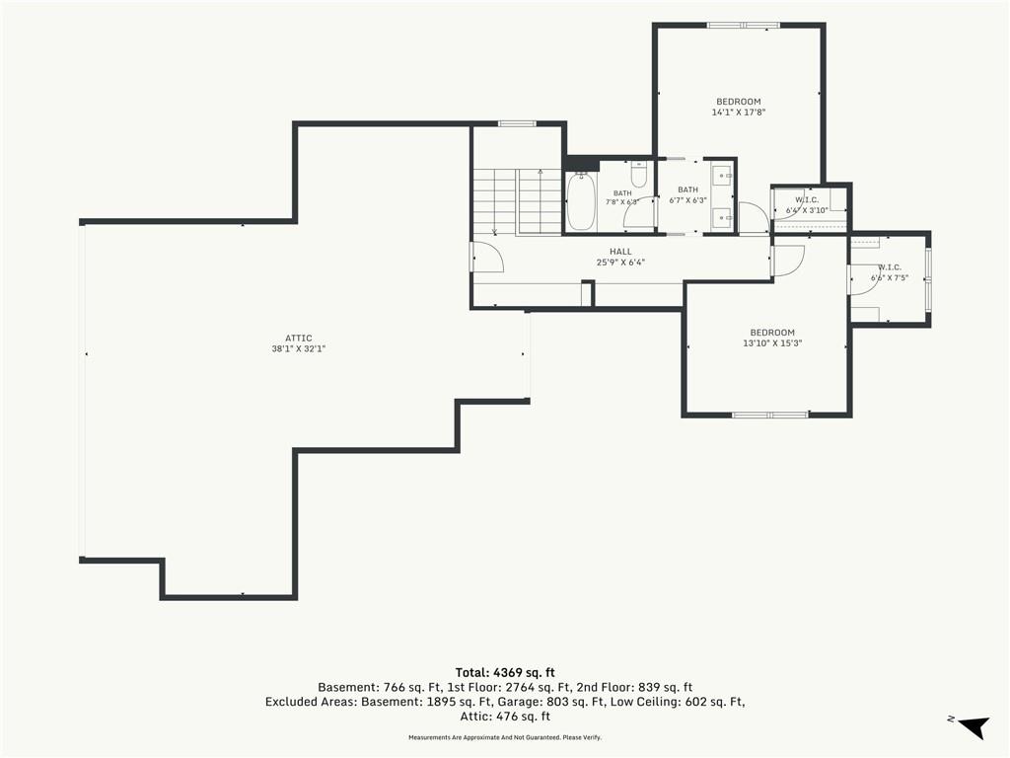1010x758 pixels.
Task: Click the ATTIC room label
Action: pos(299,338)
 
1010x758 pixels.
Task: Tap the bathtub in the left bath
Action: pos(580,200)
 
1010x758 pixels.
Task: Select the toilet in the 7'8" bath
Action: pos(638,174)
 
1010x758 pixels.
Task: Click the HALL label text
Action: pos(621,252)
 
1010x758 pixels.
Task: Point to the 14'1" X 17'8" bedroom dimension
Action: pos(738,113)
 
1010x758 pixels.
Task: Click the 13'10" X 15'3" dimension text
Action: pos(772,343)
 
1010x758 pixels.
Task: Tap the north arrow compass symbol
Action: pos(973,726)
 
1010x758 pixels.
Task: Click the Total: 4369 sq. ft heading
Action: pos(505,673)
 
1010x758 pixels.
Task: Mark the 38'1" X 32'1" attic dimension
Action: pos(299,348)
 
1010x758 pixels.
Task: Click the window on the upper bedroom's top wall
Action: pos(744,26)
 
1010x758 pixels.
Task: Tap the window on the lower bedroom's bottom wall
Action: pos(770,415)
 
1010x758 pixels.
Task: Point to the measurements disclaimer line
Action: pos(505,737)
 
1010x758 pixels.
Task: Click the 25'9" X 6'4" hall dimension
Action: pos(621,263)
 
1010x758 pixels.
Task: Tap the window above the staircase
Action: pos(517,123)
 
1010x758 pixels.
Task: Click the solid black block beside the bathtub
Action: pos(582,164)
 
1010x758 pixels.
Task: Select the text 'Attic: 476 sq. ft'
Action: pos(505,717)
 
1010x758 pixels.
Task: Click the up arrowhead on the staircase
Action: pos(540,172)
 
